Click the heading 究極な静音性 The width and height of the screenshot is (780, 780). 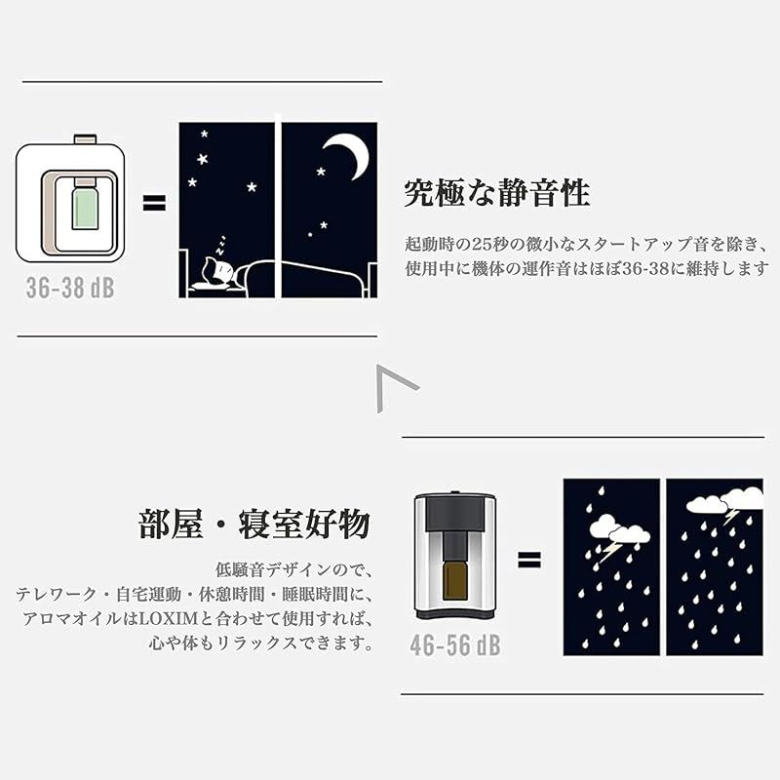(496, 193)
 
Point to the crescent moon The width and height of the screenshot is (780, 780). (348, 154)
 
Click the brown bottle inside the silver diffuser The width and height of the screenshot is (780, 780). (455, 577)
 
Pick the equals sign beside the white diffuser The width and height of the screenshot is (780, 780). (154, 203)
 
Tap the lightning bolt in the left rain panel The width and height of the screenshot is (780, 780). (610, 551)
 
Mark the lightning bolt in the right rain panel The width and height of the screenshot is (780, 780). (730, 516)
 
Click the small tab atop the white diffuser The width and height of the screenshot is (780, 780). (85, 139)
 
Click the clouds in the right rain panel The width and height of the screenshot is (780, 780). (726, 499)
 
